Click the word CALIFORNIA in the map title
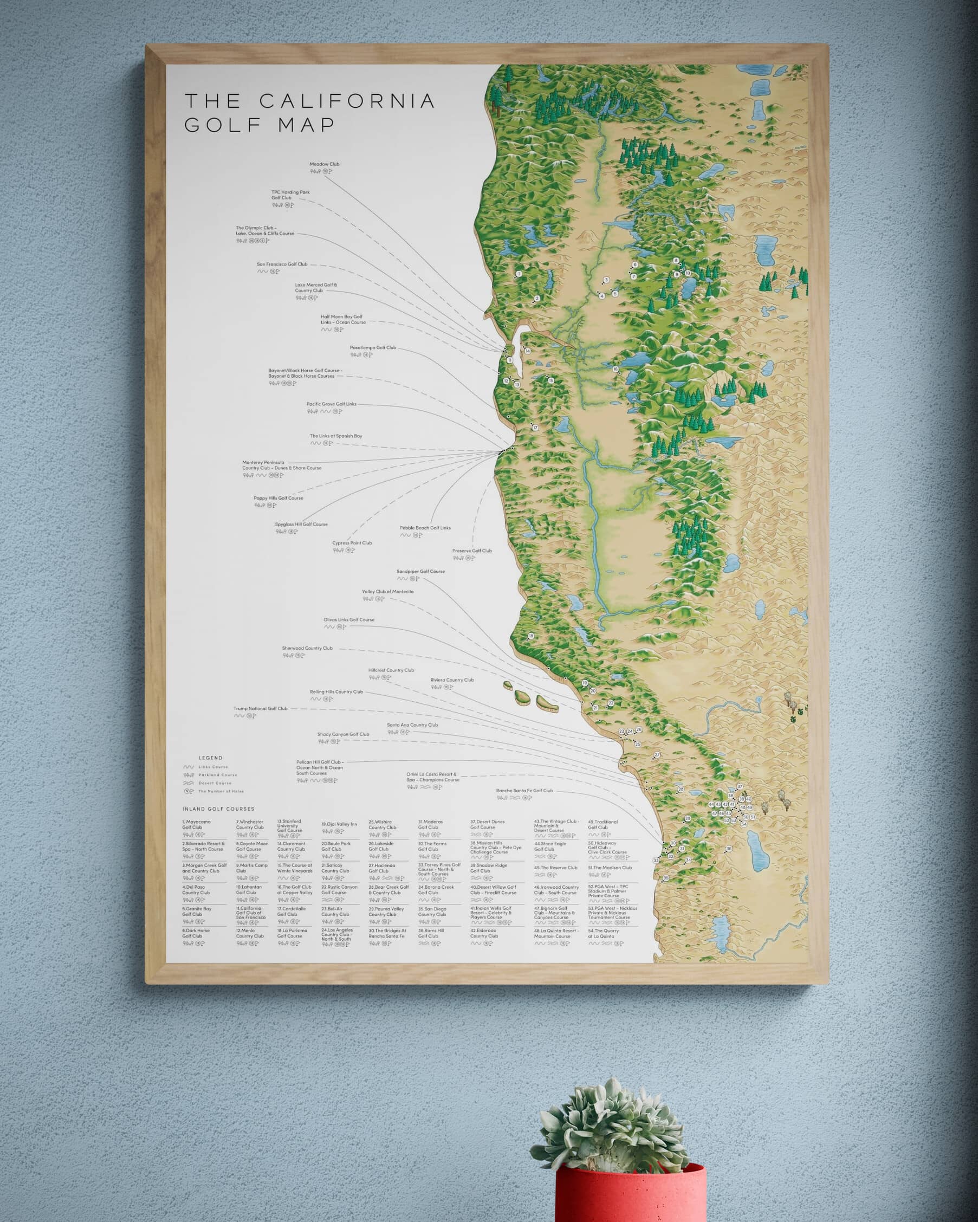pyautogui.click(x=347, y=101)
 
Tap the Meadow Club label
pyautogui.click(x=324, y=164)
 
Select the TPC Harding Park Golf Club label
pyautogui.click(x=290, y=195)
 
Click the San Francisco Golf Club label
pyautogui.click(x=282, y=264)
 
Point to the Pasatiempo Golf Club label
pyautogui.click(x=372, y=347)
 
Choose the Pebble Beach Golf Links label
pyautogui.click(x=425, y=528)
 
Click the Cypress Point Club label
pyautogui.click(x=352, y=543)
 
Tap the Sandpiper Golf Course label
pyautogui.click(x=420, y=571)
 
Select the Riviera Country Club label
pyautogui.click(x=451, y=680)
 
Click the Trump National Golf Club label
pyautogui.click(x=260, y=708)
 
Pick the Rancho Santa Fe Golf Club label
pyautogui.click(x=524, y=791)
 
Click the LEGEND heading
pyautogui.click(x=210, y=758)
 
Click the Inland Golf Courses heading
pyautogui.click(x=218, y=809)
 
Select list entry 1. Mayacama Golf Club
pyautogui.click(x=196, y=825)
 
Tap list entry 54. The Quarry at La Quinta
pyautogui.click(x=604, y=933)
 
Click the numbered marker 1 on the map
pyautogui.click(x=519, y=274)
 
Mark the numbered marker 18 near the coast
pyautogui.click(x=531, y=636)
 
